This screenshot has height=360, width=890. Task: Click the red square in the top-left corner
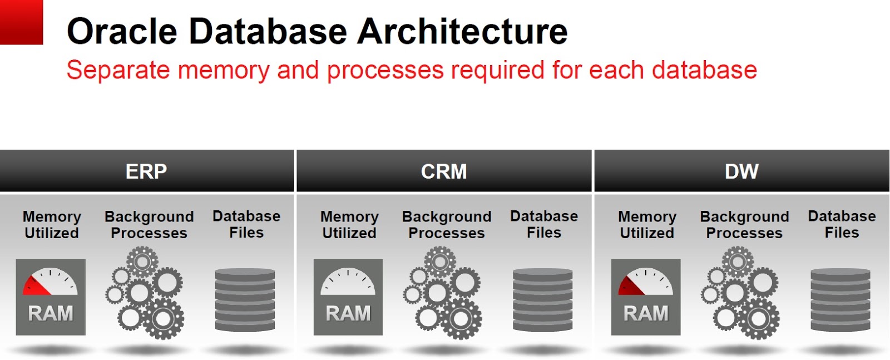coord(21,22)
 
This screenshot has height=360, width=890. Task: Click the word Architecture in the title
coord(462,31)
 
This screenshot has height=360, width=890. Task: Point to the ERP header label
coord(146,171)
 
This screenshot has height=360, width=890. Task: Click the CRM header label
coord(444,171)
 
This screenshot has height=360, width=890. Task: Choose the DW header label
coord(741,171)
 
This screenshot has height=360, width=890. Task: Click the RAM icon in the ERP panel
coord(51,297)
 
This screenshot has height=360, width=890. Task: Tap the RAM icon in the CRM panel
coord(348,297)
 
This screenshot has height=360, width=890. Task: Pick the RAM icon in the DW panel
coord(646,297)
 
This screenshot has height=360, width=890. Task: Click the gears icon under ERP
coord(146,293)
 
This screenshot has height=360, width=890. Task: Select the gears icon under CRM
coord(443,293)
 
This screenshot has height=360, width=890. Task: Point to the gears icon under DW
coord(741,293)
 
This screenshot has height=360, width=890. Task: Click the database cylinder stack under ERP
coord(245,300)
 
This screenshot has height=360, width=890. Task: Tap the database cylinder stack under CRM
coord(543,300)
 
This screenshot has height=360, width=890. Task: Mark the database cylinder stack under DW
coord(840,300)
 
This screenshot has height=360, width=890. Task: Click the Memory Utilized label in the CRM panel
coord(349,225)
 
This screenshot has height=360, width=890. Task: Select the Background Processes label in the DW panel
coord(744,225)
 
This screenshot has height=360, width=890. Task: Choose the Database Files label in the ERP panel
coord(246,224)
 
